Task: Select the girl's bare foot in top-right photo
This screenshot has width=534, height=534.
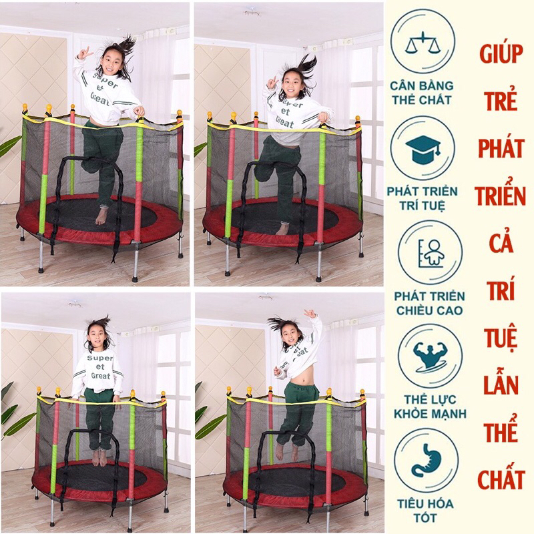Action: [x=282, y=228]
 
